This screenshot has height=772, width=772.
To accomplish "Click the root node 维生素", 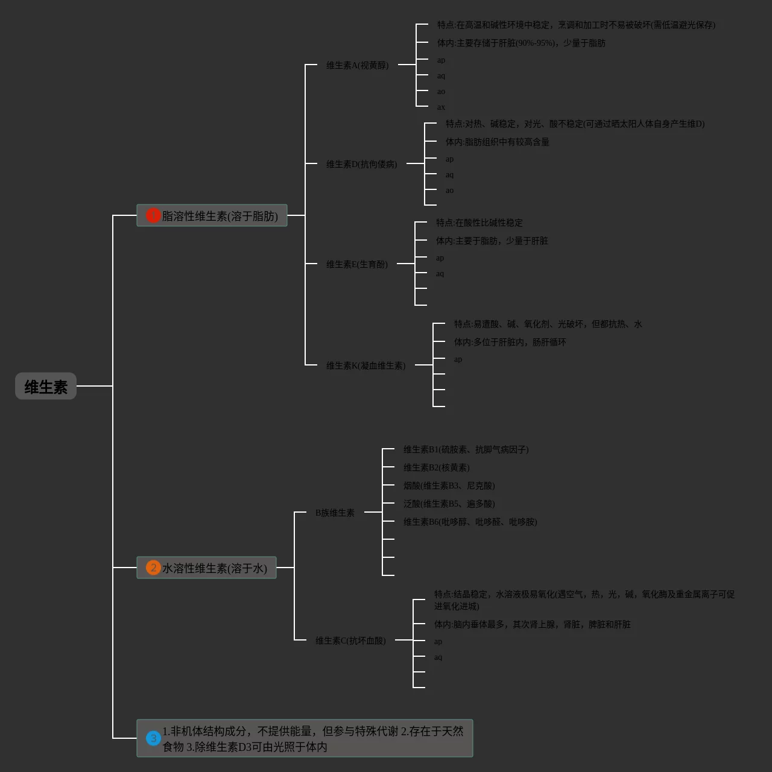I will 46,386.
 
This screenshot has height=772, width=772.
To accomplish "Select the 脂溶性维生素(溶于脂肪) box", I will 212,215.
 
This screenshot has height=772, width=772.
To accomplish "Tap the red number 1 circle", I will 153,215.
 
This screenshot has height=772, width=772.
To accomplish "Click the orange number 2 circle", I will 153,568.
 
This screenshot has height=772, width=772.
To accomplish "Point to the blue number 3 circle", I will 153,738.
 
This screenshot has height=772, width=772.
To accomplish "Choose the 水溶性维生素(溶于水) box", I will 206,568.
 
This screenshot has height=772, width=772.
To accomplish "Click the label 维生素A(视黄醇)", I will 357,65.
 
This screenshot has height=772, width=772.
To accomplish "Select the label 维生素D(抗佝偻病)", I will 361,164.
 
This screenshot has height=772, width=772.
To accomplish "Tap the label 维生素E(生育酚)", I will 356,264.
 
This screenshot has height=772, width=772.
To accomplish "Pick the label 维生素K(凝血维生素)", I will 365,365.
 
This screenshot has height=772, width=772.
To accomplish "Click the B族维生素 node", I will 335,513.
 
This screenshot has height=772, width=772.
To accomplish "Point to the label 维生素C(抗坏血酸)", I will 350,641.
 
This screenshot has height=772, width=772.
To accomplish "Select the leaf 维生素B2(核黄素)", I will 436,467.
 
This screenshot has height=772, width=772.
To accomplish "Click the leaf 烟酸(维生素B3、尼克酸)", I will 449,486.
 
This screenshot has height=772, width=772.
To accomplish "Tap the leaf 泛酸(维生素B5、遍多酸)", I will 449,504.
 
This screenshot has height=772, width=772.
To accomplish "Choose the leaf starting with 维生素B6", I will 470,522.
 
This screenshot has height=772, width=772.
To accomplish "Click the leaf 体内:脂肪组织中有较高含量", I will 497,142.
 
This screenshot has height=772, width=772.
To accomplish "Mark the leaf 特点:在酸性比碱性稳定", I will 479,223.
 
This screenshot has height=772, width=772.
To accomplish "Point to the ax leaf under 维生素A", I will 441,107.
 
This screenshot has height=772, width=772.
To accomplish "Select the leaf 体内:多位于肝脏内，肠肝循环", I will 510,342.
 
